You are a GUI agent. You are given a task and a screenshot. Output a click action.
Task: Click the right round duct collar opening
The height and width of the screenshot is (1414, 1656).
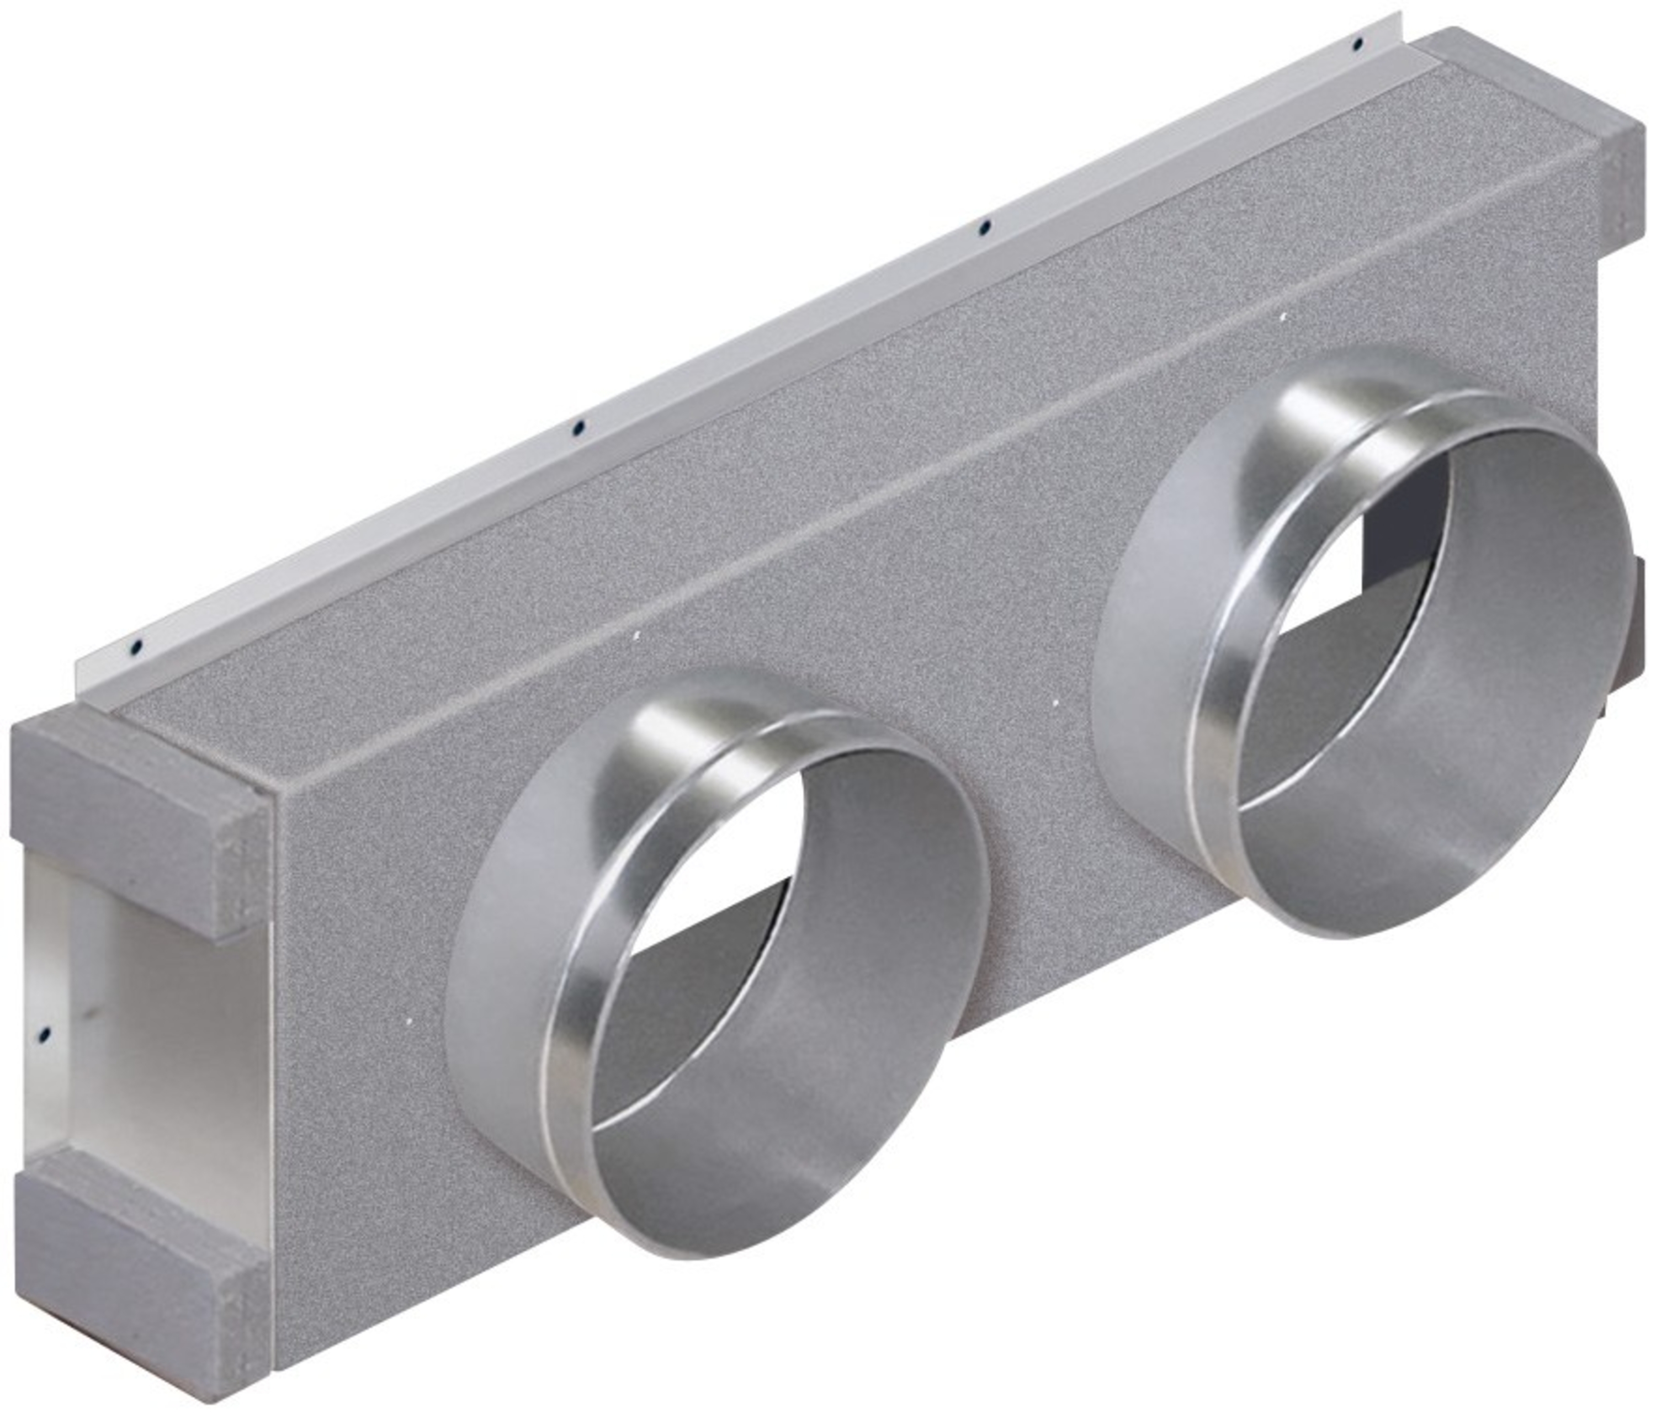point(1415,656)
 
